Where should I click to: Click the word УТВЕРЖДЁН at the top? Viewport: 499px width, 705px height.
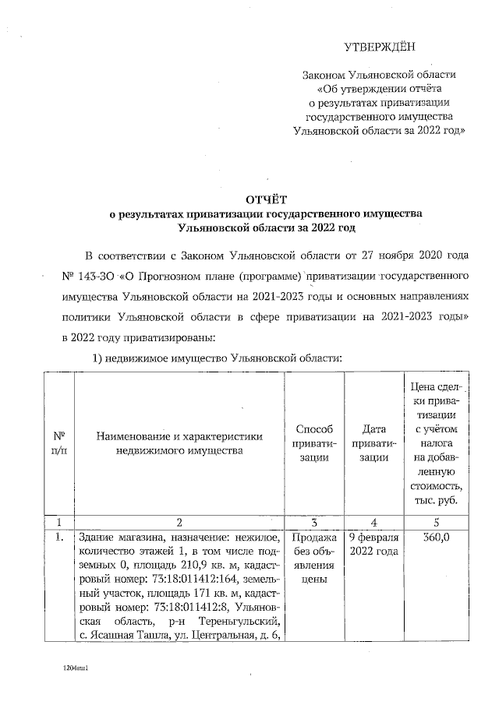380,47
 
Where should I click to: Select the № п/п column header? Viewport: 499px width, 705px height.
58,442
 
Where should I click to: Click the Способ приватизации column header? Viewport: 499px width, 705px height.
315,442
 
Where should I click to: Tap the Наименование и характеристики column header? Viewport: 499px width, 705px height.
179,442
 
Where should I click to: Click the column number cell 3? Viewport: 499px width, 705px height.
315,522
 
